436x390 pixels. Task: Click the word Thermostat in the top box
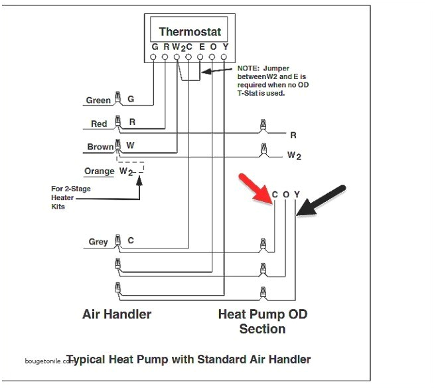[x=190, y=32]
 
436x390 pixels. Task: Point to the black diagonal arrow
[x=321, y=199]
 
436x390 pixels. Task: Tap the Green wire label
[x=98, y=101]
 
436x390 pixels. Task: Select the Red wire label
[x=99, y=124]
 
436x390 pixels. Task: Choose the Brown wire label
[x=100, y=147]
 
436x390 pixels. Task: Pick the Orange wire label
[x=100, y=171]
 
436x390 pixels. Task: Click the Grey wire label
[x=98, y=243]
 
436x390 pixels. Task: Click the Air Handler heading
[x=117, y=314]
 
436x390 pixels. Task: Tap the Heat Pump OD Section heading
[x=262, y=321]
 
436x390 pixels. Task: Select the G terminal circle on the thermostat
[x=155, y=58]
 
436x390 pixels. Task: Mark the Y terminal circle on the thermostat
[x=224, y=58]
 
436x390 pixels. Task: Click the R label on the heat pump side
[x=293, y=135]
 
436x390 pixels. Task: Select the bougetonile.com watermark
[x=46, y=361]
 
